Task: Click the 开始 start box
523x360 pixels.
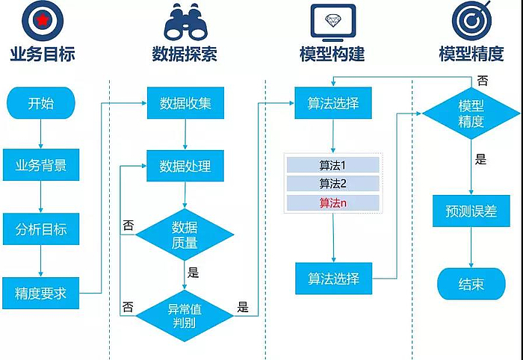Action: pos(41,104)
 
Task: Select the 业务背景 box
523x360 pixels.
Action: pos(41,165)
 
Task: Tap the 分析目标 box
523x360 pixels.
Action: pos(41,229)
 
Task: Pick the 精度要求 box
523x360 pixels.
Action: pos(41,294)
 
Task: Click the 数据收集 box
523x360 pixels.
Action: pos(185,103)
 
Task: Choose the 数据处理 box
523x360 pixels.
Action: pos(185,166)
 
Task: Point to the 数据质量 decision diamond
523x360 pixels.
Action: pos(185,235)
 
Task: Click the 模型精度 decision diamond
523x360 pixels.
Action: pos(471,114)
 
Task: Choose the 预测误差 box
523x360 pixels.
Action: pos(471,211)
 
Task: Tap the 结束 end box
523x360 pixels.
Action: pos(471,285)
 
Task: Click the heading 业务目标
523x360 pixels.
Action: pos(43,55)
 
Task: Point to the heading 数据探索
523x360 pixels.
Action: pos(185,55)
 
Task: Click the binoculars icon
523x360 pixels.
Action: pos(185,22)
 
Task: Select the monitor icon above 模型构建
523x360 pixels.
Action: pos(331,22)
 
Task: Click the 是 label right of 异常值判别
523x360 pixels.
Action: pos(242,306)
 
